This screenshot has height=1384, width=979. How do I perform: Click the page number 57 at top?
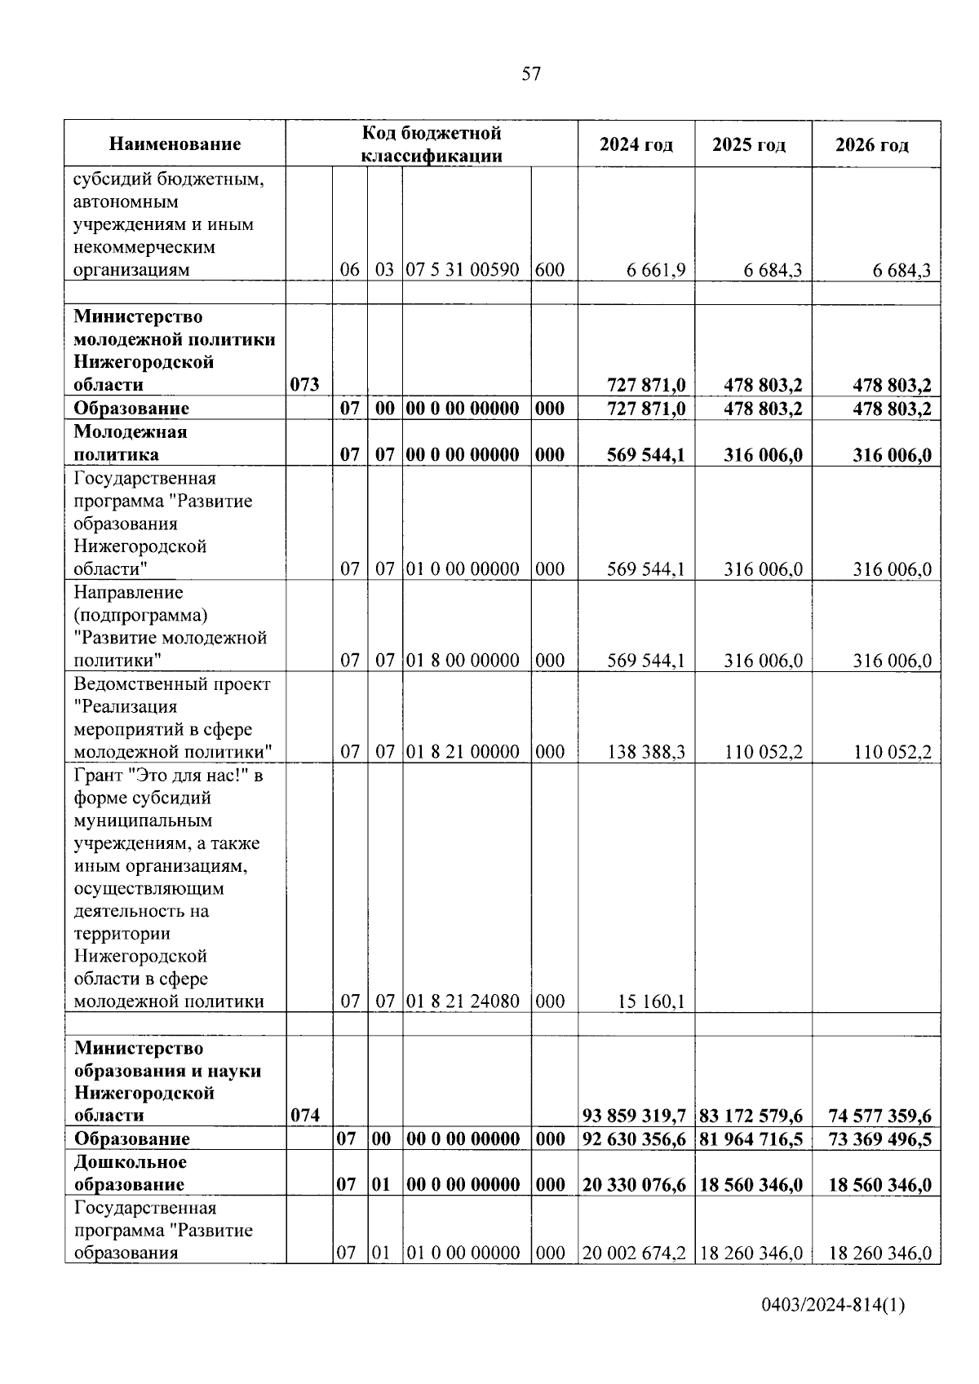[530, 74]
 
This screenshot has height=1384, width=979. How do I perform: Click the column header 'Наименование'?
[175, 144]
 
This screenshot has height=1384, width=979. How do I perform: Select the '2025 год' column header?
[749, 145]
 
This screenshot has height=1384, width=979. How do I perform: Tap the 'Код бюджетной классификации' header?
[432, 144]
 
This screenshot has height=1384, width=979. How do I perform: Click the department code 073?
[304, 385]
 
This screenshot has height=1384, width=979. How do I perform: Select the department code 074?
[304, 1116]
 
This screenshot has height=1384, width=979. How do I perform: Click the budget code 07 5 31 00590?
[463, 270]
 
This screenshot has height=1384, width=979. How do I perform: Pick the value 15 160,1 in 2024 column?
[651, 1002]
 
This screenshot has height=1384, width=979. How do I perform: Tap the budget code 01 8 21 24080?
[463, 1001]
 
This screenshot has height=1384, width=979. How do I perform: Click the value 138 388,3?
[646, 752]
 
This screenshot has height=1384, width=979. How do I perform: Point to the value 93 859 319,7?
[635, 1116]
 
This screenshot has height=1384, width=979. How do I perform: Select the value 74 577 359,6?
[879, 1116]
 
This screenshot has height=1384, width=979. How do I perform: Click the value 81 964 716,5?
[751, 1139]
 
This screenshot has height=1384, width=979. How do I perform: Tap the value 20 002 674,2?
[635, 1254]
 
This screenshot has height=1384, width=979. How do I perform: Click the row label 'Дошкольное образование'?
[130, 1173]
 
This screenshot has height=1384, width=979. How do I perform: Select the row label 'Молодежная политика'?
[130, 443]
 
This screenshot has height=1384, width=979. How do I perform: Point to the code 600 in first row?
[550, 270]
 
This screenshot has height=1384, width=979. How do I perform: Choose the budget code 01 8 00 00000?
[463, 661]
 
